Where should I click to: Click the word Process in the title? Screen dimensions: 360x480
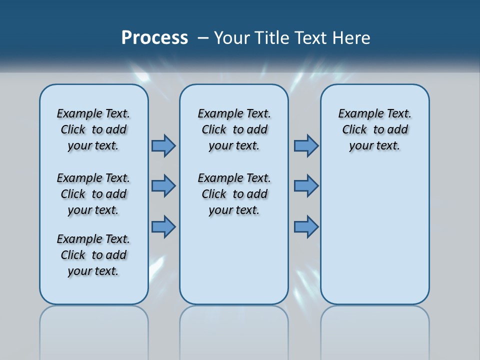[x=154, y=37]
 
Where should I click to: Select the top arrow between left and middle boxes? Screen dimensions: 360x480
[x=163, y=145]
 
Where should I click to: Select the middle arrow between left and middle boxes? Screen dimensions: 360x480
[x=163, y=186]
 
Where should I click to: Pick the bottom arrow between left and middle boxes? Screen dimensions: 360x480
[x=163, y=227]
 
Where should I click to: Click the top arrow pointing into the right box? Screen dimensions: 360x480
[x=306, y=145]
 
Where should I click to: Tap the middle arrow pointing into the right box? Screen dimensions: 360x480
[x=306, y=186]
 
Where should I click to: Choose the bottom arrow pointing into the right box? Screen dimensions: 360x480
[x=306, y=227]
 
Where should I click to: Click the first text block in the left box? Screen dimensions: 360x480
[x=93, y=129]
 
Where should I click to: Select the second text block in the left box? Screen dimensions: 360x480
[x=93, y=194]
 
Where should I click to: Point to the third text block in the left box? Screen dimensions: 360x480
[x=93, y=255]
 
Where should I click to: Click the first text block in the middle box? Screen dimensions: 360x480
[x=234, y=129]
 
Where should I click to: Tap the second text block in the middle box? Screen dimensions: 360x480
[x=234, y=194]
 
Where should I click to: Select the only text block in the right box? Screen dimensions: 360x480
[x=374, y=129]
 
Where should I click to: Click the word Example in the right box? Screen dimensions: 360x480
[x=358, y=114]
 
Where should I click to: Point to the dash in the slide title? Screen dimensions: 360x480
[x=203, y=37]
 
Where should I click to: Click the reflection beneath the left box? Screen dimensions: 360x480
[x=94, y=330]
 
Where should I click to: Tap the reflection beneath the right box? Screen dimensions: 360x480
[x=374, y=330]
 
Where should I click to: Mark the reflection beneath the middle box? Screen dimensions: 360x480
[x=234, y=330]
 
